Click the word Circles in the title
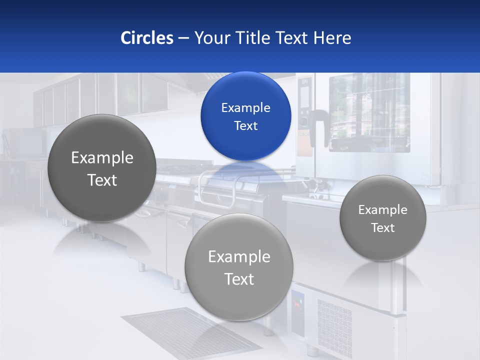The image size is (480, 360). pos(146,38)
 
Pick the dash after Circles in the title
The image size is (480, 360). pos(183,38)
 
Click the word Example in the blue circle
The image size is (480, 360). pos(245,108)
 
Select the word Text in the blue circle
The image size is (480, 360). pos(245,126)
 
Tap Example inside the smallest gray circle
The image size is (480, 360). pos(382,210)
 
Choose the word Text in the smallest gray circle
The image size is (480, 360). pos(382,228)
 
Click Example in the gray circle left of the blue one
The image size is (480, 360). pos(102,158)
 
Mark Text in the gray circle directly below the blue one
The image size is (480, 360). pos(239,279)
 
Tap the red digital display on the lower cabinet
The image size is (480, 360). pos(298,303)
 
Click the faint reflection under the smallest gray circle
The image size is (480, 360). pos(383,275)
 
